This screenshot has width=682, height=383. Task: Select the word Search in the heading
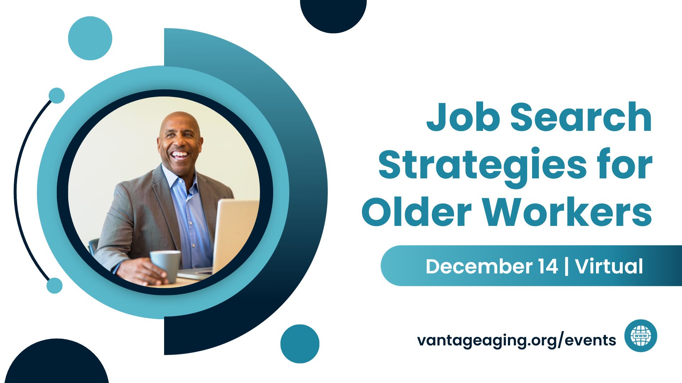(581, 117)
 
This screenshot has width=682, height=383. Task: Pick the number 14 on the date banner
(547, 266)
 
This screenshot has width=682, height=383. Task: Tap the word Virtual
(609, 266)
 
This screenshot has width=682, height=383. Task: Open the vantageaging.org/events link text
(516, 340)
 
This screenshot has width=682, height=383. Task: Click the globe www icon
(641, 335)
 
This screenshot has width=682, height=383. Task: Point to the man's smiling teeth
(180, 154)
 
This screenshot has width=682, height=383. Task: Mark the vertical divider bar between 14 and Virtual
(567, 266)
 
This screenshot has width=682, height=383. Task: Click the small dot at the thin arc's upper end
(56, 95)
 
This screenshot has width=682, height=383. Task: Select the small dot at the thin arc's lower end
(54, 285)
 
